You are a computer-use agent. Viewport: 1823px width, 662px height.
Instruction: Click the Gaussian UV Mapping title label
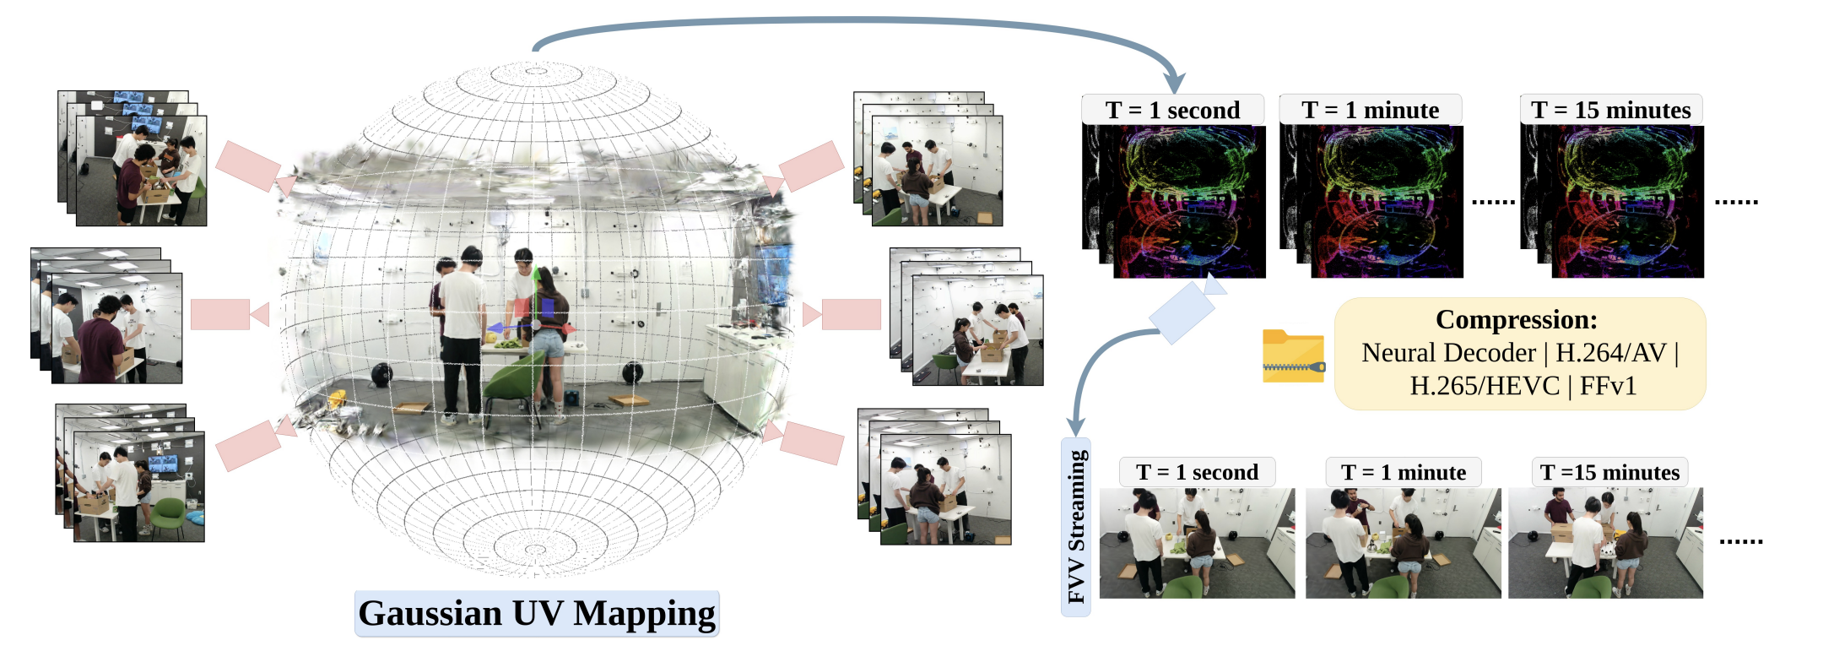[x=537, y=614]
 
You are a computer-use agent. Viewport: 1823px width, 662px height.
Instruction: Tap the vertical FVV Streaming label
[x=1076, y=527]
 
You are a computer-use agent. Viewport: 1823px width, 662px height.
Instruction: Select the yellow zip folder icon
[x=1293, y=356]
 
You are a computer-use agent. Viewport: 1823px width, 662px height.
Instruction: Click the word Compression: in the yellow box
[x=1516, y=320]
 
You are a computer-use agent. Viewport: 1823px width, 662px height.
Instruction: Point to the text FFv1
[x=1608, y=386]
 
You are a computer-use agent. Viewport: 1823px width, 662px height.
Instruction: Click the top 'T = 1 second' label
[x=1172, y=111]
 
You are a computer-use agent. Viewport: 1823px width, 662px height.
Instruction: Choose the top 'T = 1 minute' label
[x=1370, y=111]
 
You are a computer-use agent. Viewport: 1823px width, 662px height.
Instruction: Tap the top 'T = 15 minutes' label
[x=1610, y=111]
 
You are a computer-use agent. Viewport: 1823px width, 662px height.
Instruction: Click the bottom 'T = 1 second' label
[x=1197, y=472]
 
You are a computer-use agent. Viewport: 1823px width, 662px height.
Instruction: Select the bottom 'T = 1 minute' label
[x=1403, y=472]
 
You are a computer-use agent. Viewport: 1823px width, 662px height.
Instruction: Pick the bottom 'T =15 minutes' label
[x=1609, y=472]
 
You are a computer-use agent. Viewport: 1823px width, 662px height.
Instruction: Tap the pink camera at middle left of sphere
[x=228, y=314]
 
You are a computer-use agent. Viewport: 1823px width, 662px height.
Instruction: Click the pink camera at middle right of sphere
[x=844, y=314]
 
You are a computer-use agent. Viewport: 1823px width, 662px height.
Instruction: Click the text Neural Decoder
[x=1448, y=353]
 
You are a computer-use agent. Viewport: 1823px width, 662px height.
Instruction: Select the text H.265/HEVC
[x=1484, y=386]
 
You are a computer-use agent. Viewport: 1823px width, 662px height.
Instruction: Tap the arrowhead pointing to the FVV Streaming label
[x=1075, y=426]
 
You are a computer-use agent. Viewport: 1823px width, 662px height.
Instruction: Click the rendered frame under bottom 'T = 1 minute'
[x=1403, y=543]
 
